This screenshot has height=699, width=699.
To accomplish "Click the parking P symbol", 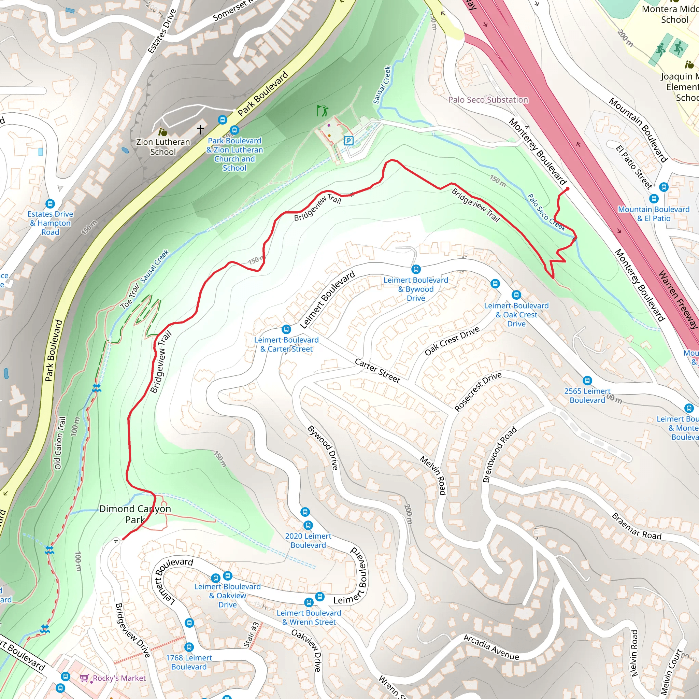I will tap(348, 140).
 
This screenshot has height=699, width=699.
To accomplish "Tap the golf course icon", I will tap(322, 110).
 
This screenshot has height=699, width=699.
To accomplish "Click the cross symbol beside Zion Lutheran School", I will tap(200, 129).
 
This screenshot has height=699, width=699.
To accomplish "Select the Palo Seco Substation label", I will tap(488, 100).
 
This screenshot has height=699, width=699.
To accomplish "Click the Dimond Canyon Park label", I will tap(135, 514).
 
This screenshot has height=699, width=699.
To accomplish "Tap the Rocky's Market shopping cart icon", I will tap(84, 678).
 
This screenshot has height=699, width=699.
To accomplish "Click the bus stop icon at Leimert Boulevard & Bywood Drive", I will tap(416, 269).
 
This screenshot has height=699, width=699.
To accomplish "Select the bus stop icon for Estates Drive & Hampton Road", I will tap(50, 204).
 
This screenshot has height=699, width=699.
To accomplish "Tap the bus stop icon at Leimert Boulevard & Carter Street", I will tap(286, 329).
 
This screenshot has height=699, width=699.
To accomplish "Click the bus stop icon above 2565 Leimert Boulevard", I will tap(587, 381).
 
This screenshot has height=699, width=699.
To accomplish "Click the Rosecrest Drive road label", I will tap(477, 391).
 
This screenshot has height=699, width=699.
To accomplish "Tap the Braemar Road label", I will tap(636, 526).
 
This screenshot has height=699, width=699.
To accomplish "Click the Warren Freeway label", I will tap(677, 300).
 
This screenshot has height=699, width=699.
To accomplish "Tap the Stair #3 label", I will tap(251, 635).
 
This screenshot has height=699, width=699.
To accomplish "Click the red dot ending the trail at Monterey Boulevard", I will tap(567, 189).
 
